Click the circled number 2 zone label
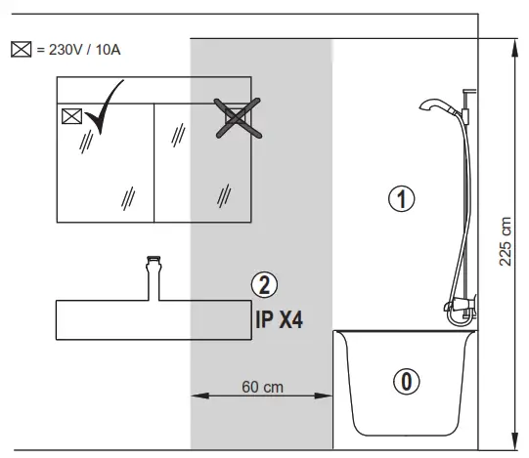(x=264, y=285)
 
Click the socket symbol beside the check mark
(x=70, y=117)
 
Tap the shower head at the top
(x=430, y=105)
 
